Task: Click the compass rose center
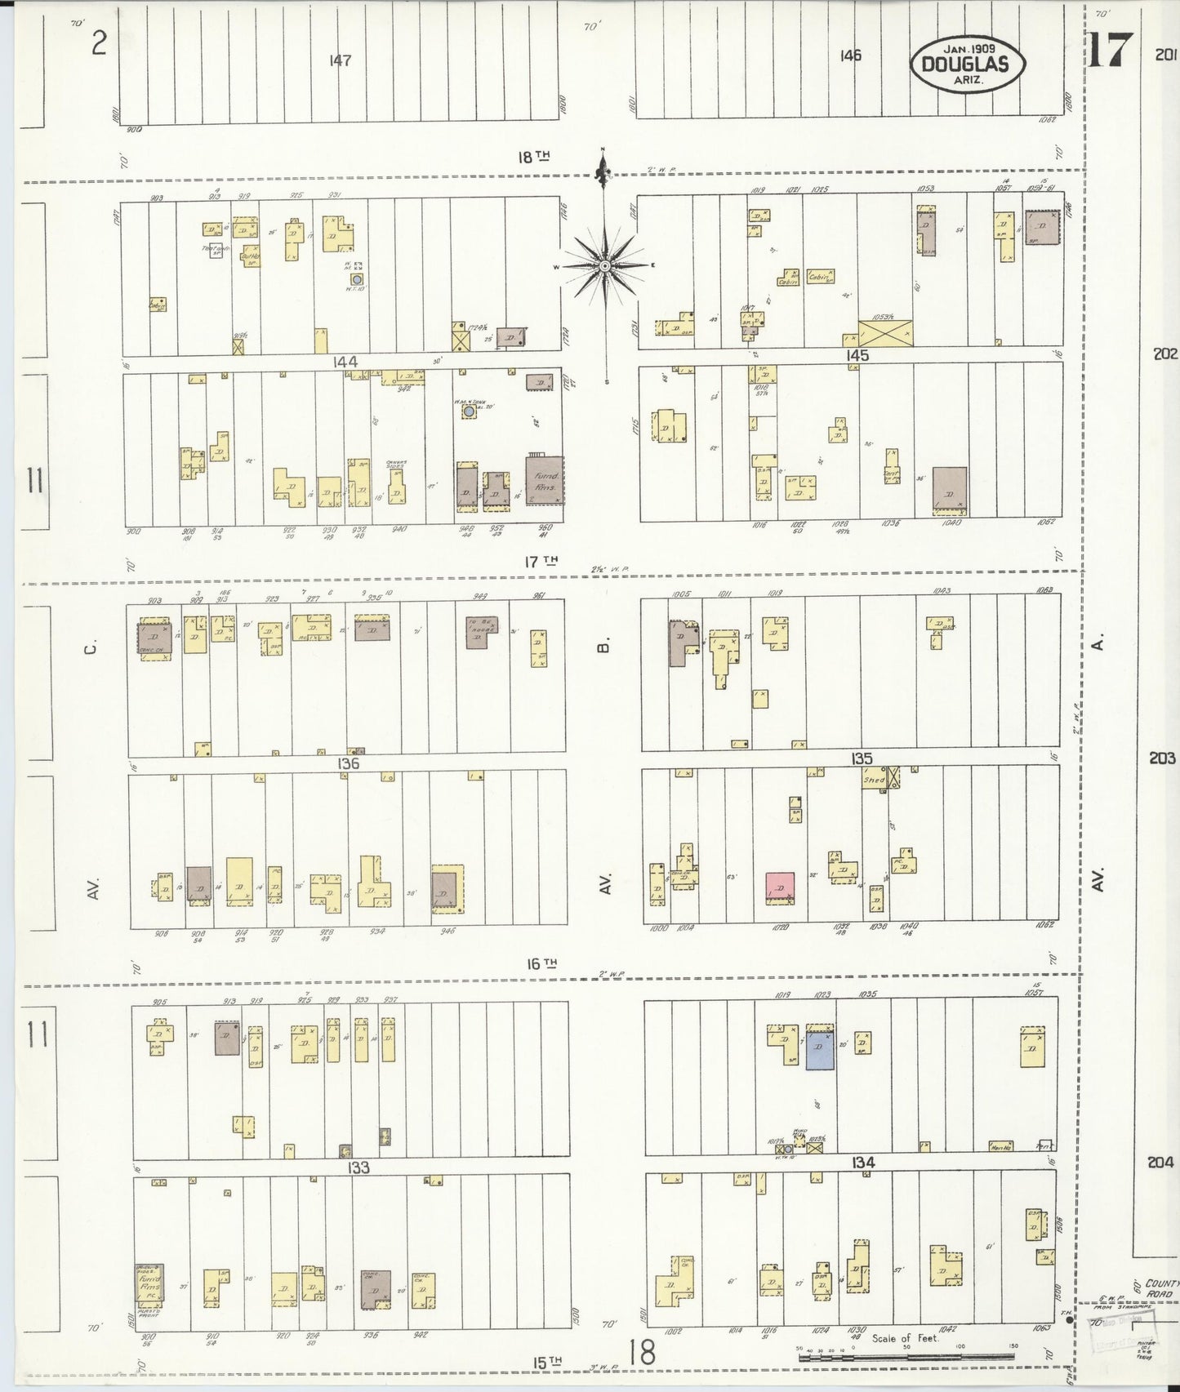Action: coord(604,266)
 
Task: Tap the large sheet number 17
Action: coord(1110,50)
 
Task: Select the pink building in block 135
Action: coord(780,887)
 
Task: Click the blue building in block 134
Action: coord(820,1050)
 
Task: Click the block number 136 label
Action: coord(347,764)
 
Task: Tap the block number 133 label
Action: coord(358,1167)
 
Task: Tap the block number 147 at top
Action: coord(341,60)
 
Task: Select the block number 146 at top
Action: coord(849,56)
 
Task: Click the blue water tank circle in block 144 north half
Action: coord(356,279)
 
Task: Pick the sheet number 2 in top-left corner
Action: coord(98,42)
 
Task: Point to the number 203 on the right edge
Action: coord(1162,758)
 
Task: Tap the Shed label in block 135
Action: coord(875,780)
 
